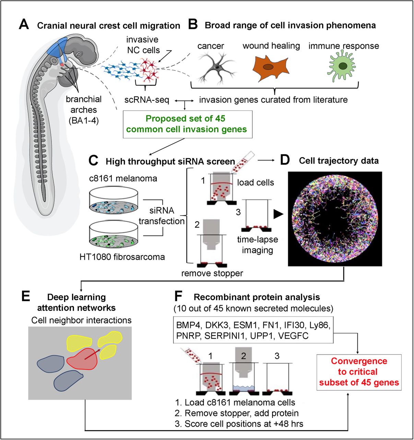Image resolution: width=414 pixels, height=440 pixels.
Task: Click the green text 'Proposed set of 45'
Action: click(x=185, y=119)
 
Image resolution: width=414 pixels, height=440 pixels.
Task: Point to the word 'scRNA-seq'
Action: click(x=147, y=100)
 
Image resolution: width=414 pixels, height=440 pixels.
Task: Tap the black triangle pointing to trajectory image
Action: click(x=279, y=214)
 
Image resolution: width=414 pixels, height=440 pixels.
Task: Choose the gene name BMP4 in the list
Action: click(x=188, y=325)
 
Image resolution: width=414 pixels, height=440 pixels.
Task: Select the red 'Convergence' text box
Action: click(x=359, y=372)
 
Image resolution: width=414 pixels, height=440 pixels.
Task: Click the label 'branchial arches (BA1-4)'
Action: click(x=84, y=110)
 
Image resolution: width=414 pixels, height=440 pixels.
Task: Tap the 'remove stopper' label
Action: click(x=212, y=273)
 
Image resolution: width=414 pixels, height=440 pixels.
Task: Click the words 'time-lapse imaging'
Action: click(x=257, y=245)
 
